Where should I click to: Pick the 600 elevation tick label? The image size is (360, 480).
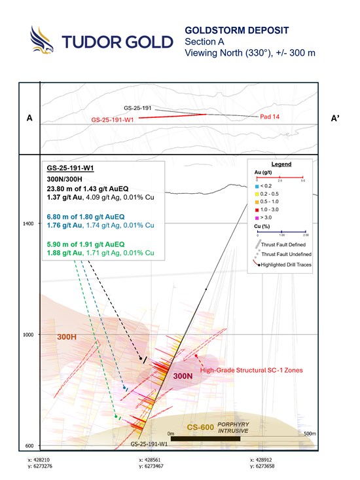point(29,447)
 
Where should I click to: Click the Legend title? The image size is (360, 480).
point(281,164)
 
